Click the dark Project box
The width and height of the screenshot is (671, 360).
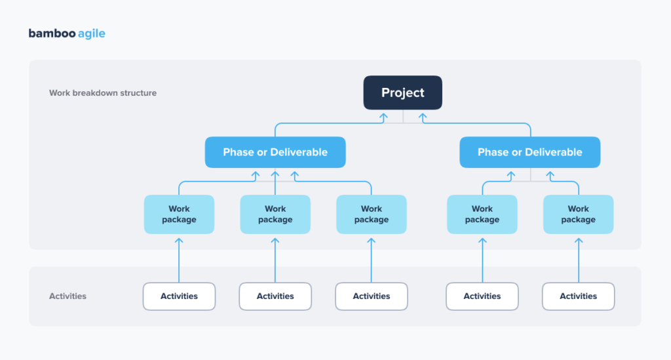pyautogui.click(x=403, y=92)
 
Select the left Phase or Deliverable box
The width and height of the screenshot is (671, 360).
pyautogui.click(x=275, y=152)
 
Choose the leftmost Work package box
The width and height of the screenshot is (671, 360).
pyautogui.click(x=179, y=214)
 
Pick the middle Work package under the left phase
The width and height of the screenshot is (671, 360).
pyautogui.click(x=275, y=214)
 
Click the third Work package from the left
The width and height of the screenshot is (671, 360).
pyautogui.click(x=372, y=214)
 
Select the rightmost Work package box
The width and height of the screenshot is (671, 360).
pyautogui.click(x=578, y=214)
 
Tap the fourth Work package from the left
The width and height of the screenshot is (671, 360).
pyautogui.click(x=482, y=214)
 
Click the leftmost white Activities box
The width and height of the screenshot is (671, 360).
pyautogui.click(x=179, y=296)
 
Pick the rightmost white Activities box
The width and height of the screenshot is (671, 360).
pyautogui.click(x=578, y=296)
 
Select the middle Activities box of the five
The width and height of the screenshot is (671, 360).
pyautogui.click(x=372, y=296)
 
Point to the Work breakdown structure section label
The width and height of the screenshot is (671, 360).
pyautogui.click(x=103, y=93)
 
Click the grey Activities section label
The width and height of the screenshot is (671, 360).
pyautogui.click(x=67, y=296)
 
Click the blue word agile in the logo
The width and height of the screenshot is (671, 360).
pyautogui.click(x=91, y=33)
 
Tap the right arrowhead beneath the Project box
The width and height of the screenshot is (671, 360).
pyautogui.click(x=423, y=116)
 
